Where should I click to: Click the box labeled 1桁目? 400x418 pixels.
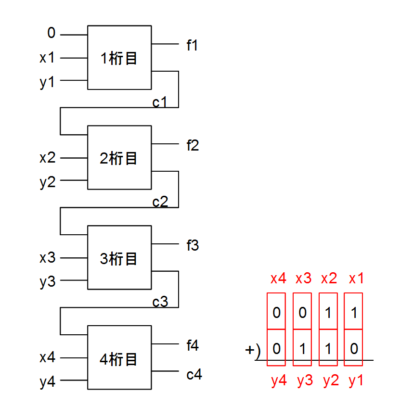pos(119,57)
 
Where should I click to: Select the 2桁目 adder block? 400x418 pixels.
pos(119,157)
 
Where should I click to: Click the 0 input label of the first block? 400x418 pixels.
pos(52,33)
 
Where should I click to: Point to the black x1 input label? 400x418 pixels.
pos(47,58)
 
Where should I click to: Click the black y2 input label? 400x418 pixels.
pos(47,182)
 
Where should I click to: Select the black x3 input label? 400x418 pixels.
pos(47,257)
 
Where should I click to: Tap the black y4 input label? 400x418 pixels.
pos(47,382)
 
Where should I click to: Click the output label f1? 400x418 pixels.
pos(193,46)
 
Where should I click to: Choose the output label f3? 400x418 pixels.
pos(193,246)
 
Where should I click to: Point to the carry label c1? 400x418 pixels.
pos(160,102)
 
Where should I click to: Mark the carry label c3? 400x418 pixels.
pos(160,302)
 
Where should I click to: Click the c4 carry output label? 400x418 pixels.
pos(194,374)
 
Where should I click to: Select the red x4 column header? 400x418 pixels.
pos(279,279)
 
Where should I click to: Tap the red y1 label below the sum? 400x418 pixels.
pos(356,380)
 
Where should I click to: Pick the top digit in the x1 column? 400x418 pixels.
pos(354,313)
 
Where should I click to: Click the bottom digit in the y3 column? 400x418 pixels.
pos(303,349)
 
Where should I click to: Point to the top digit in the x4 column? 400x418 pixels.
pos(276,313)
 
